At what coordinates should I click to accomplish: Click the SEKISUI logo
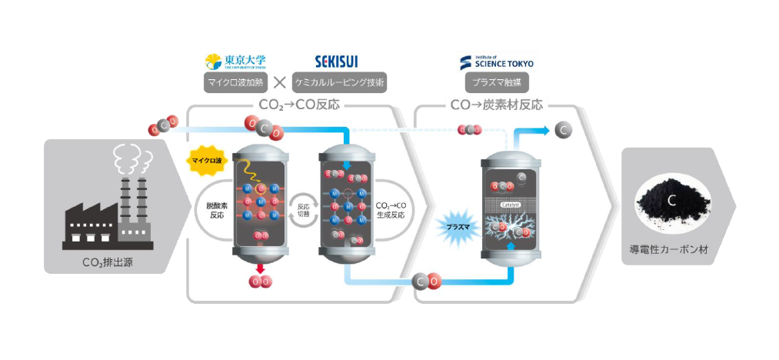click(x=336, y=61)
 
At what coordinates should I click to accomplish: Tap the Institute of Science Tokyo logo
click(x=496, y=61)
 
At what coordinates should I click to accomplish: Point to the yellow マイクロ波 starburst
click(x=205, y=160)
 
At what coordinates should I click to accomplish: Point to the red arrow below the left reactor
click(x=261, y=266)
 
